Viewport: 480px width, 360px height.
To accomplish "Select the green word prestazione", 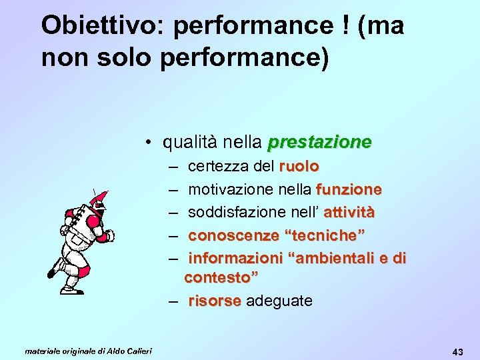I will [x=319, y=142].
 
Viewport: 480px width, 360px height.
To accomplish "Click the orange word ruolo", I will [x=299, y=165].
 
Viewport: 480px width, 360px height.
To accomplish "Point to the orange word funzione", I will [x=349, y=189].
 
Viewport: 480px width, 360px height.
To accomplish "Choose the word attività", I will [x=349, y=213].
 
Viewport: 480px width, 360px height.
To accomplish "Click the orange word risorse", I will [x=215, y=301].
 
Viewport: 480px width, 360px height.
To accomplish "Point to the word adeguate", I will [x=279, y=301].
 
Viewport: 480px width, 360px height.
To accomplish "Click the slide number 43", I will [x=457, y=351].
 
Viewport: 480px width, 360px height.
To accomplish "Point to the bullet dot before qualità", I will [x=152, y=142].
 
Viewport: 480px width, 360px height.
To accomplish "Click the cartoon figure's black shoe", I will [x=52, y=272].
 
